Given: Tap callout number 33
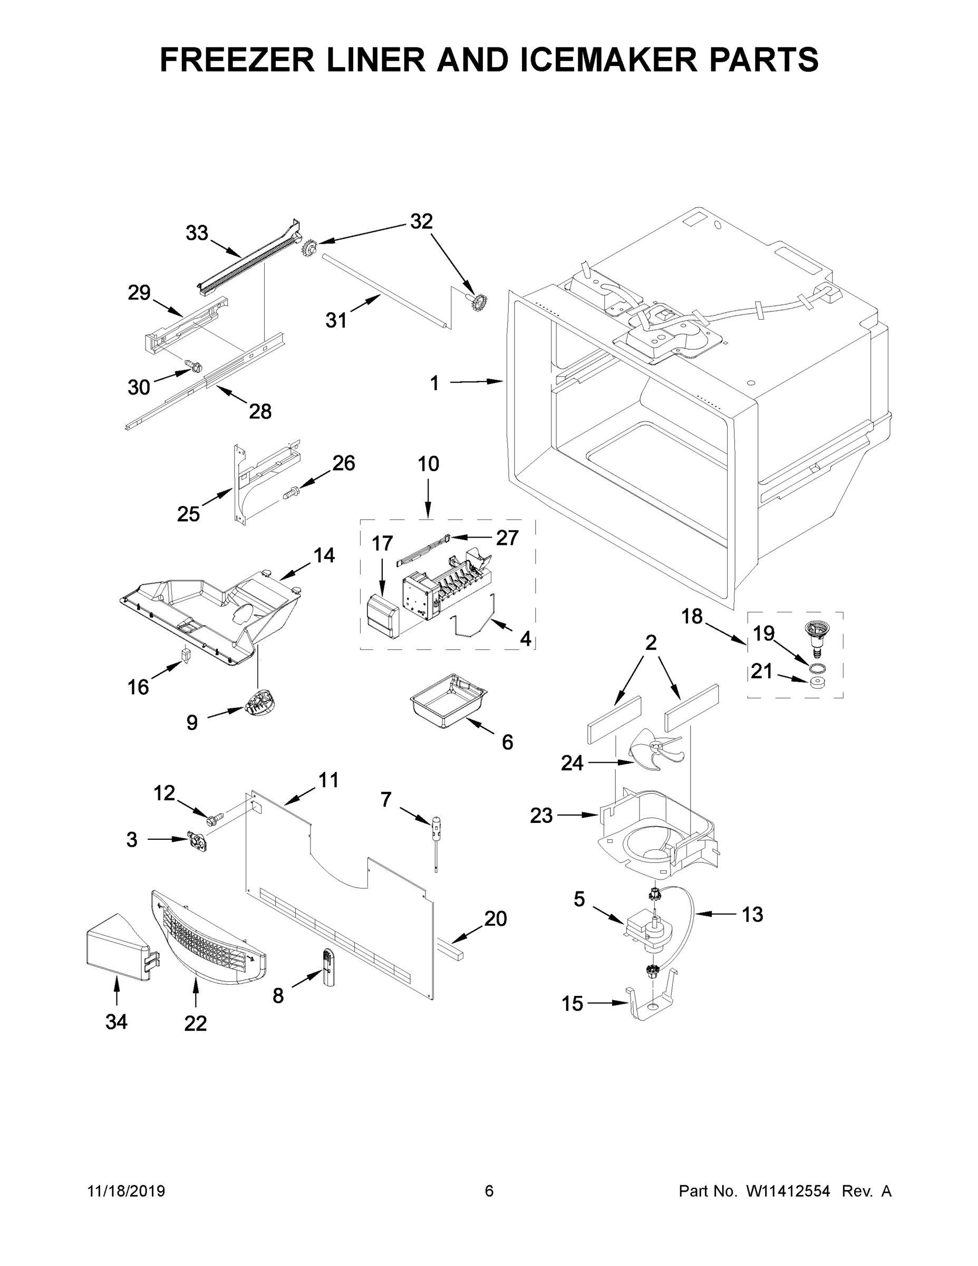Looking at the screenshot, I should point(197,233).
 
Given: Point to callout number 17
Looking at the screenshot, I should point(382,543).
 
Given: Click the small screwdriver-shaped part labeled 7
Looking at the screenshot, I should point(434,841).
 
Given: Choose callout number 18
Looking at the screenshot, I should point(692,616).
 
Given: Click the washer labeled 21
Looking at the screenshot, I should point(817,682).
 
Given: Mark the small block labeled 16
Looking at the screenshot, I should point(186,655).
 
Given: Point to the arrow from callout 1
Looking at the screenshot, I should point(475,381).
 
